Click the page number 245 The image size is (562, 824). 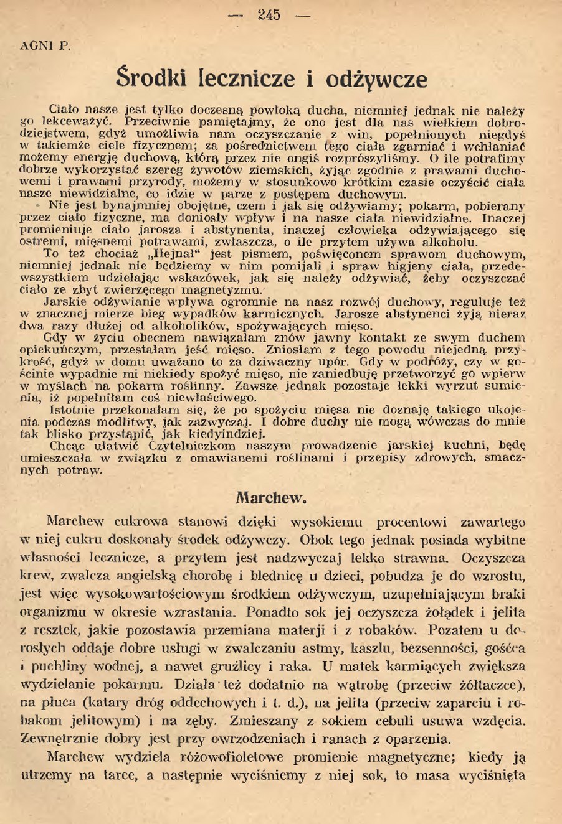tap(269, 14)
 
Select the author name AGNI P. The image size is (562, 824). tap(42, 45)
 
